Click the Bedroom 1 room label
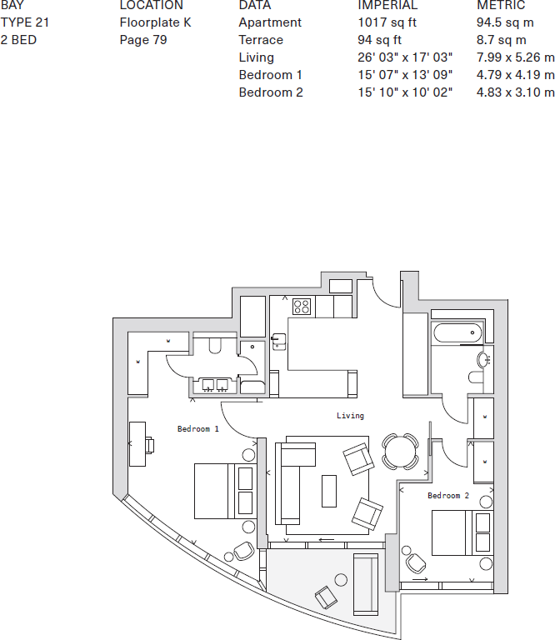coord(198,429)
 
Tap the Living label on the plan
coord(350,415)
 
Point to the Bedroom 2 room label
coord(448,496)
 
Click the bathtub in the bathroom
coord(457,333)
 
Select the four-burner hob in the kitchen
coord(302,307)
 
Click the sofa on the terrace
coord(366,582)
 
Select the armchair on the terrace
coord(326,597)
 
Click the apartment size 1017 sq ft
coord(387,22)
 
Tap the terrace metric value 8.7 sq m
coord(501,40)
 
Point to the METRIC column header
coord(501,6)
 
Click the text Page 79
coord(143,40)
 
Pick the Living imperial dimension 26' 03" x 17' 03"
coord(404,57)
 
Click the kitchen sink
coord(279,342)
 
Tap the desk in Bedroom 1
coord(137,442)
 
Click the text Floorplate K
coord(155,22)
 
